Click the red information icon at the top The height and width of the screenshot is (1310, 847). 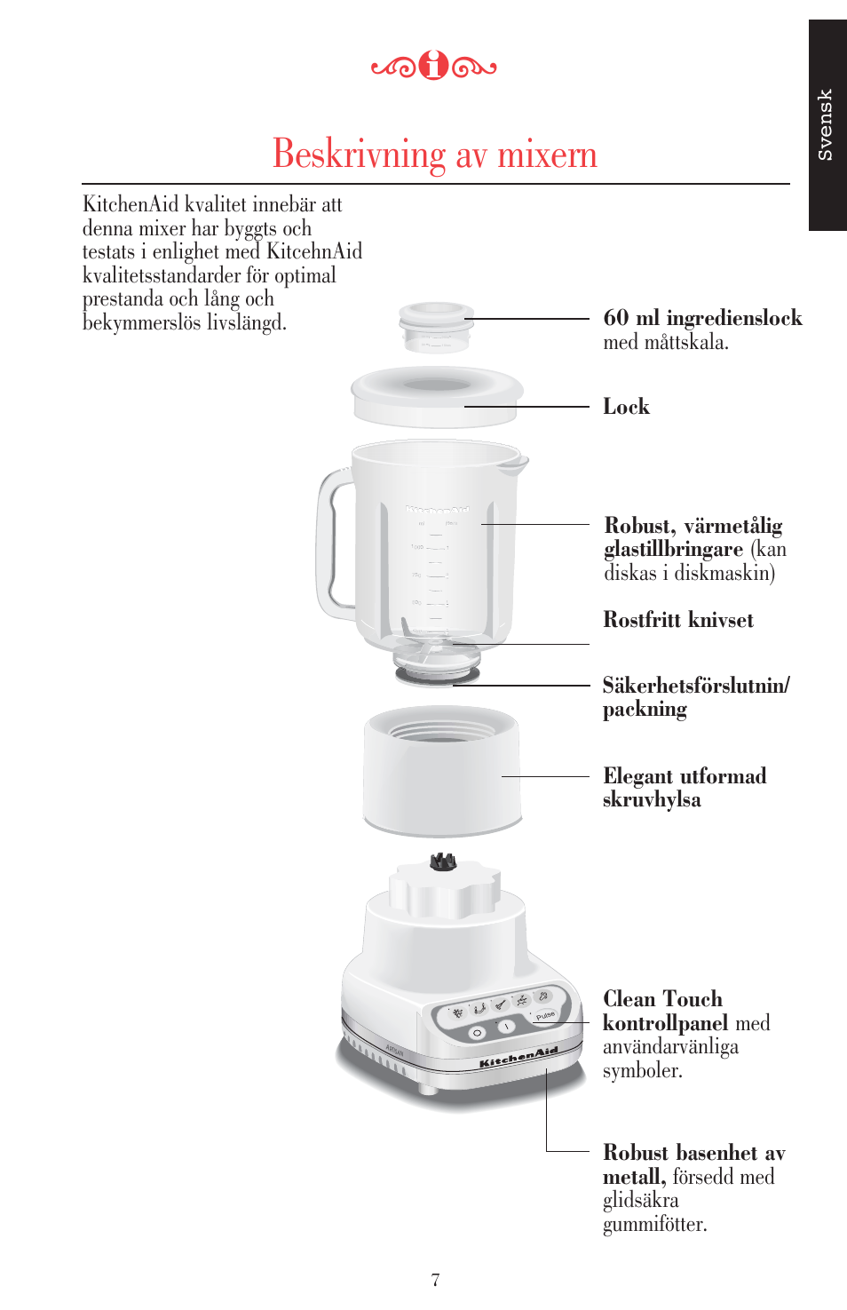[x=434, y=65]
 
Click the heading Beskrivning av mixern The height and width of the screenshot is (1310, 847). [x=435, y=154]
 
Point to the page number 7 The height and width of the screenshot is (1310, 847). [x=435, y=1280]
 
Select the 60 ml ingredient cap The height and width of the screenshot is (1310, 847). [x=436, y=326]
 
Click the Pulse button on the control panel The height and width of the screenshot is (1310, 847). [x=545, y=1015]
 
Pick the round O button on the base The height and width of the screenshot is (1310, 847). [x=477, y=1034]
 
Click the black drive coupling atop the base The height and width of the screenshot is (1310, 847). [x=442, y=861]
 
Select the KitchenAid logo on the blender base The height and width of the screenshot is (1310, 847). [x=518, y=1058]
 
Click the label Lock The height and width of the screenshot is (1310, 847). [x=626, y=407]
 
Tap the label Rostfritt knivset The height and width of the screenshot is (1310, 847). [x=678, y=619]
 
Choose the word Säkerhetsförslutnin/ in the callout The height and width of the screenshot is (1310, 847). [x=696, y=685]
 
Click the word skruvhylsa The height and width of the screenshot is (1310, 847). [x=652, y=799]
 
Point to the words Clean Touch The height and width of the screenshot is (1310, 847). [x=663, y=998]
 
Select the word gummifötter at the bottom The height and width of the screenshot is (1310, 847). [x=654, y=1225]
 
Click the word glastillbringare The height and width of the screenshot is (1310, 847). [x=673, y=550]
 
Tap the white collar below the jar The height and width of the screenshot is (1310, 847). [x=442, y=770]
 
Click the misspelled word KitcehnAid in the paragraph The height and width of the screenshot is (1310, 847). [x=314, y=250]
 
